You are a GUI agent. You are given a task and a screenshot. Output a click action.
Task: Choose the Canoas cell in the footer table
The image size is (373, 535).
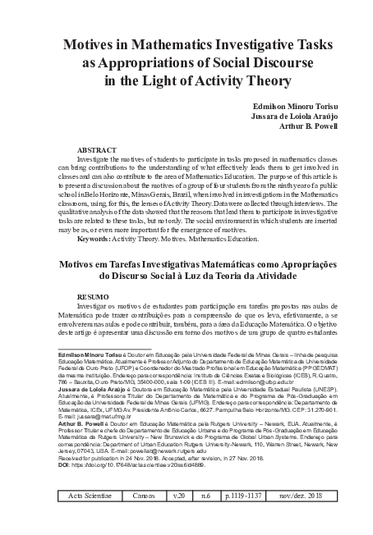pyautogui.click(x=141, y=519)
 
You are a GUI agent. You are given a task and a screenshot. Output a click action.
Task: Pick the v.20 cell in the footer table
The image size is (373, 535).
pyautogui.click(x=179, y=519)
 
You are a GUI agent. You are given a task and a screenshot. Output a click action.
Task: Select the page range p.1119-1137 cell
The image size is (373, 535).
pyautogui.click(x=247, y=519)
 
